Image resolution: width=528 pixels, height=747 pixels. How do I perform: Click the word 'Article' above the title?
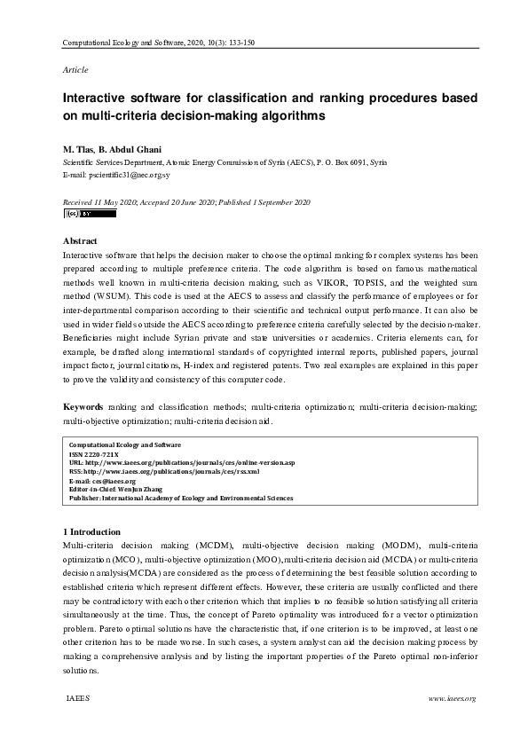point(75,69)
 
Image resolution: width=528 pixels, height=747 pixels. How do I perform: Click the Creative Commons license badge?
point(89,214)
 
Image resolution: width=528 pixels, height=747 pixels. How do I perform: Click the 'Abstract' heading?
point(80,240)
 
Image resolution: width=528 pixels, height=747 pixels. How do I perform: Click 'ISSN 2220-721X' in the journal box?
point(92,453)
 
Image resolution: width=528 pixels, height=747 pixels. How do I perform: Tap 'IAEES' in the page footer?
point(78,699)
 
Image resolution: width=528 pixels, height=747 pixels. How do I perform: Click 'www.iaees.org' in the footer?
point(453,699)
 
